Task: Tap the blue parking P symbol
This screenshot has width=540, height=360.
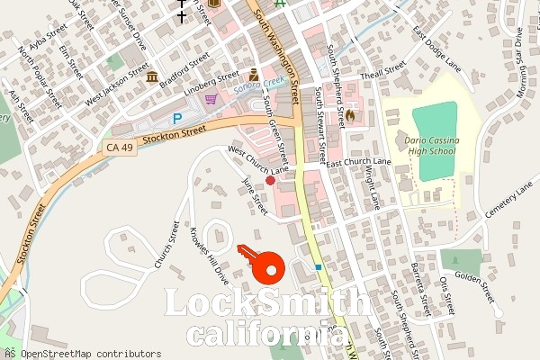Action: coord(176,119)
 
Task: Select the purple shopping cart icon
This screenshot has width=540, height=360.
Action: coord(211,100)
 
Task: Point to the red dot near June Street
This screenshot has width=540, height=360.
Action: coord(270,181)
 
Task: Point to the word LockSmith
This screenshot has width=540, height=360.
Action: coord(265,304)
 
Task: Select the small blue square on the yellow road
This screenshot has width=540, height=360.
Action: coord(318,267)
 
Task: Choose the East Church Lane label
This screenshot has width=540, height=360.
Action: coord(358,162)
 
